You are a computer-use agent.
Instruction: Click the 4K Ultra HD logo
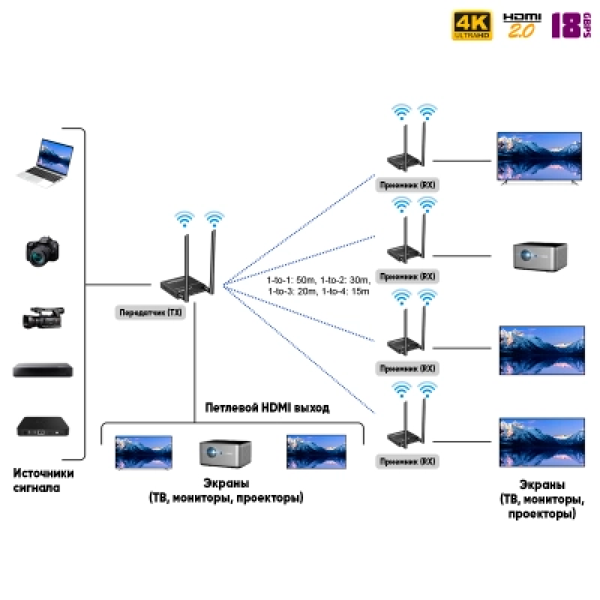(x=472, y=25)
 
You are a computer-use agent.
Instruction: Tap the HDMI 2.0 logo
(x=520, y=25)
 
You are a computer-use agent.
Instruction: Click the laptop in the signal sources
(x=44, y=160)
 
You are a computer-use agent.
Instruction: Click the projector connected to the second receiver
(x=540, y=256)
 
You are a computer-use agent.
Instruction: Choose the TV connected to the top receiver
(x=539, y=157)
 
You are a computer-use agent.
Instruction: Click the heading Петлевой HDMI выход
(x=267, y=408)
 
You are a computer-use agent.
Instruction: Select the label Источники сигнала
(x=43, y=480)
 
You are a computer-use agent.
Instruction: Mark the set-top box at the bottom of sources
(x=43, y=427)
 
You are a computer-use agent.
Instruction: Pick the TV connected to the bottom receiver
(x=541, y=442)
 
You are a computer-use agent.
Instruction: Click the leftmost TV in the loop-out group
(x=143, y=452)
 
